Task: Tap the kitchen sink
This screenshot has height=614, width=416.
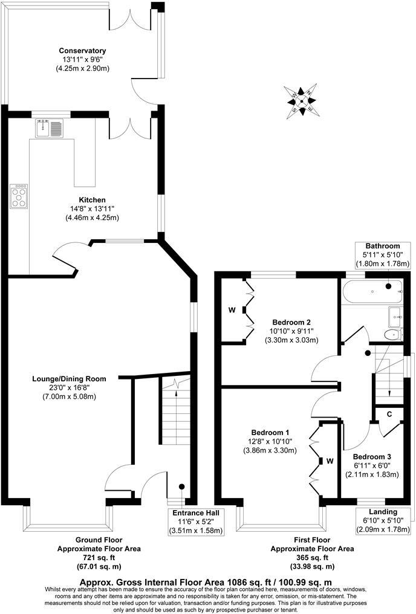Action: (50, 128)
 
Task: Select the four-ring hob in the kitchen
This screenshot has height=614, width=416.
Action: (19, 196)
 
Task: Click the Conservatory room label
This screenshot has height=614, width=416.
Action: (83, 51)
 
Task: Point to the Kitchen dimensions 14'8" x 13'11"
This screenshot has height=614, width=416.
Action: (92, 208)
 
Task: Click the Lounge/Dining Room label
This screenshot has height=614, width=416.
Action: (69, 379)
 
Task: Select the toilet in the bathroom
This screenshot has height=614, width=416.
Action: (392, 333)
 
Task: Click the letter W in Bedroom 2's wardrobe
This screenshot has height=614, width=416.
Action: (231, 311)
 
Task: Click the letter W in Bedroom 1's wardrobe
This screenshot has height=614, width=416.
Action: (330, 460)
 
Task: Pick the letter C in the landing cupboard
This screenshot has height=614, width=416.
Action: (389, 415)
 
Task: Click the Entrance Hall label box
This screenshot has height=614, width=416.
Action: (194, 522)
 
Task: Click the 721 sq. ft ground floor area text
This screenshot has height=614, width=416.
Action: (99, 558)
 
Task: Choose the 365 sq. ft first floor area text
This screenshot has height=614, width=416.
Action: (312, 558)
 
